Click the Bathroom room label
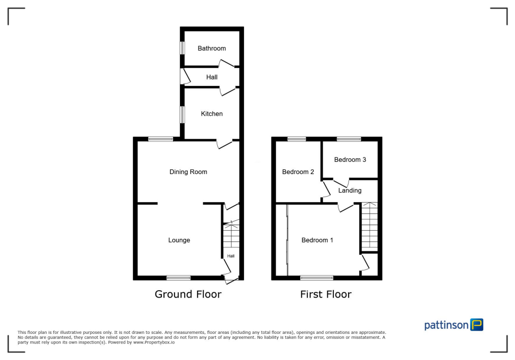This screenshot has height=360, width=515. [x=212, y=48]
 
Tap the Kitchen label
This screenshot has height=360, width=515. [x=212, y=114]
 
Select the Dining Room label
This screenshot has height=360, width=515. [x=188, y=172]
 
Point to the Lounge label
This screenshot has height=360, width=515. [x=179, y=240]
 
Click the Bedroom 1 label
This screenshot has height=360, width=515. [x=317, y=240]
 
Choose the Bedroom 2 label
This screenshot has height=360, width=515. [x=298, y=172]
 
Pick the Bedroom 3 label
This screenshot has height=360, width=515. [x=350, y=160]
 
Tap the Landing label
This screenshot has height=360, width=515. [x=350, y=191]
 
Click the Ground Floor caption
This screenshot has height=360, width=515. [x=188, y=294]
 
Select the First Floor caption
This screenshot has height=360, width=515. [x=326, y=294]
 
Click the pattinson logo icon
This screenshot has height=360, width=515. [x=477, y=325]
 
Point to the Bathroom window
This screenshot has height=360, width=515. [x=183, y=48]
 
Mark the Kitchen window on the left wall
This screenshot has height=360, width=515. [x=183, y=115]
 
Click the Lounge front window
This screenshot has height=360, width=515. [x=179, y=277]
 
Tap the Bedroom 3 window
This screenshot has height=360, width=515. [x=349, y=139]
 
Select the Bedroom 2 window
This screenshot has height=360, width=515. [x=297, y=139]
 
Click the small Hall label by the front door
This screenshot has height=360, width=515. [x=231, y=256]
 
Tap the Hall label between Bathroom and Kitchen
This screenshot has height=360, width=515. [x=212, y=77]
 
